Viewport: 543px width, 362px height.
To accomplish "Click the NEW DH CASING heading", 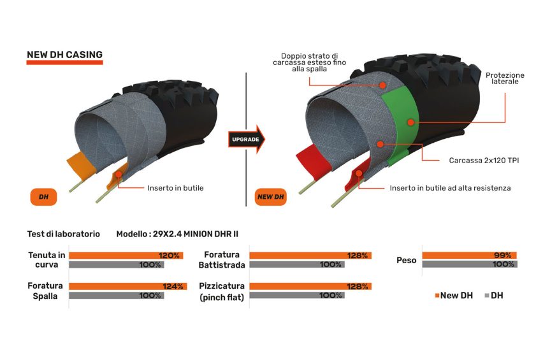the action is (x=64, y=55).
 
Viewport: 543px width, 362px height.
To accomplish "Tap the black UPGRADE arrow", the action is (x=246, y=140).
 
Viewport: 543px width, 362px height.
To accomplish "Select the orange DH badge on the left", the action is (x=43, y=197).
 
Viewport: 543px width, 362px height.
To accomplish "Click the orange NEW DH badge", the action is (x=270, y=197).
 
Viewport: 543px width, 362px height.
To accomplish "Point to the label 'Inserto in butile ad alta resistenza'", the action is (x=450, y=188).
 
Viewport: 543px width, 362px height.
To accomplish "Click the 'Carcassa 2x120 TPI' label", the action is (x=484, y=161).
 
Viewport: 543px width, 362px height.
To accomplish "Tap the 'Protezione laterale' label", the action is (x=505, y=78).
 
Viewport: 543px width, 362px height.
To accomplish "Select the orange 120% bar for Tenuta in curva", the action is (x=126, y=256).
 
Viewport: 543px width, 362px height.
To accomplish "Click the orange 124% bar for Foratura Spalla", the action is (x=128, y=287).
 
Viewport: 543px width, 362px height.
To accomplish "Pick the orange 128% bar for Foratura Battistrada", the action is (x=310, y=256).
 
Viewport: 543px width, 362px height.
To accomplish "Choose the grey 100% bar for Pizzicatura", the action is (x=297, y=296).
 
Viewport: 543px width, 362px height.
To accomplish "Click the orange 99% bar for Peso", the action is (x=469, y=256).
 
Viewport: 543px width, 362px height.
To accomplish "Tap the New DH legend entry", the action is (x=454, y=296).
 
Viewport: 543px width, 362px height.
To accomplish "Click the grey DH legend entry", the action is (x=494, y=296).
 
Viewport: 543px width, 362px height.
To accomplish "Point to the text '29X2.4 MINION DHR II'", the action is (x=196, y=234).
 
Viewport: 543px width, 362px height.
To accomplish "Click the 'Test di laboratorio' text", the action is (x=64, y=234).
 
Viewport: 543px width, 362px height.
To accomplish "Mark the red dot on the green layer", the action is (x=410, y=122).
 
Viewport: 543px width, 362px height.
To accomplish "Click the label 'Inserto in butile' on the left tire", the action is (x=175, y=188).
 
